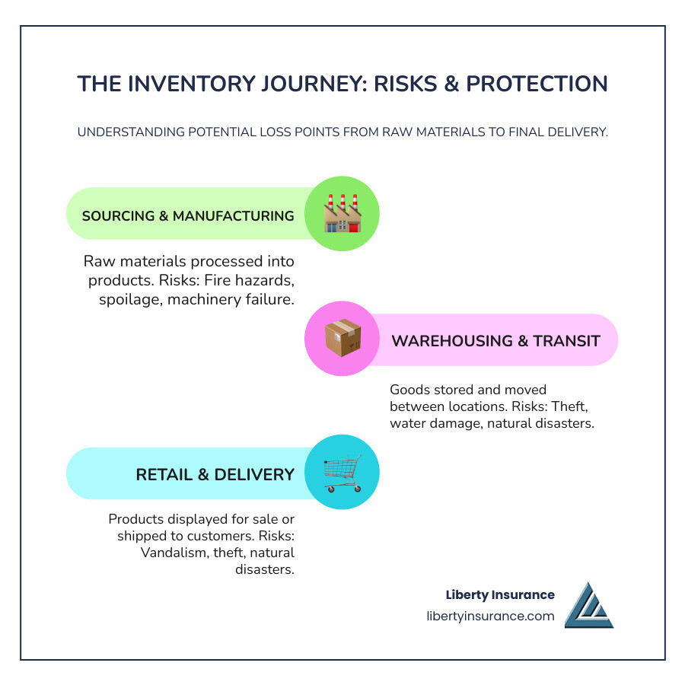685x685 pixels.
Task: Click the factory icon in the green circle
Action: pos(342,214)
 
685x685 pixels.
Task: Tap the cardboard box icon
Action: pos(342,339)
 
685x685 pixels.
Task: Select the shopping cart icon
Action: pos(342,473)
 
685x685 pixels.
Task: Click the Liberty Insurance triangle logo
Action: pos(588,606)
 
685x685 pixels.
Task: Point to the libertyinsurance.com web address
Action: pos(490,616)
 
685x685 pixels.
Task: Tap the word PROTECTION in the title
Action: pos(537,84)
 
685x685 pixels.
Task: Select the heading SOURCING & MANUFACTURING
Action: pos(188,216)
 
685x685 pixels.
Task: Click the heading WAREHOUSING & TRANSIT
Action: pos(495,340)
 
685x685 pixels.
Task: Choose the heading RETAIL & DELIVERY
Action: pos(215,474)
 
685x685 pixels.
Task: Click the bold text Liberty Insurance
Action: pos(500,595)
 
